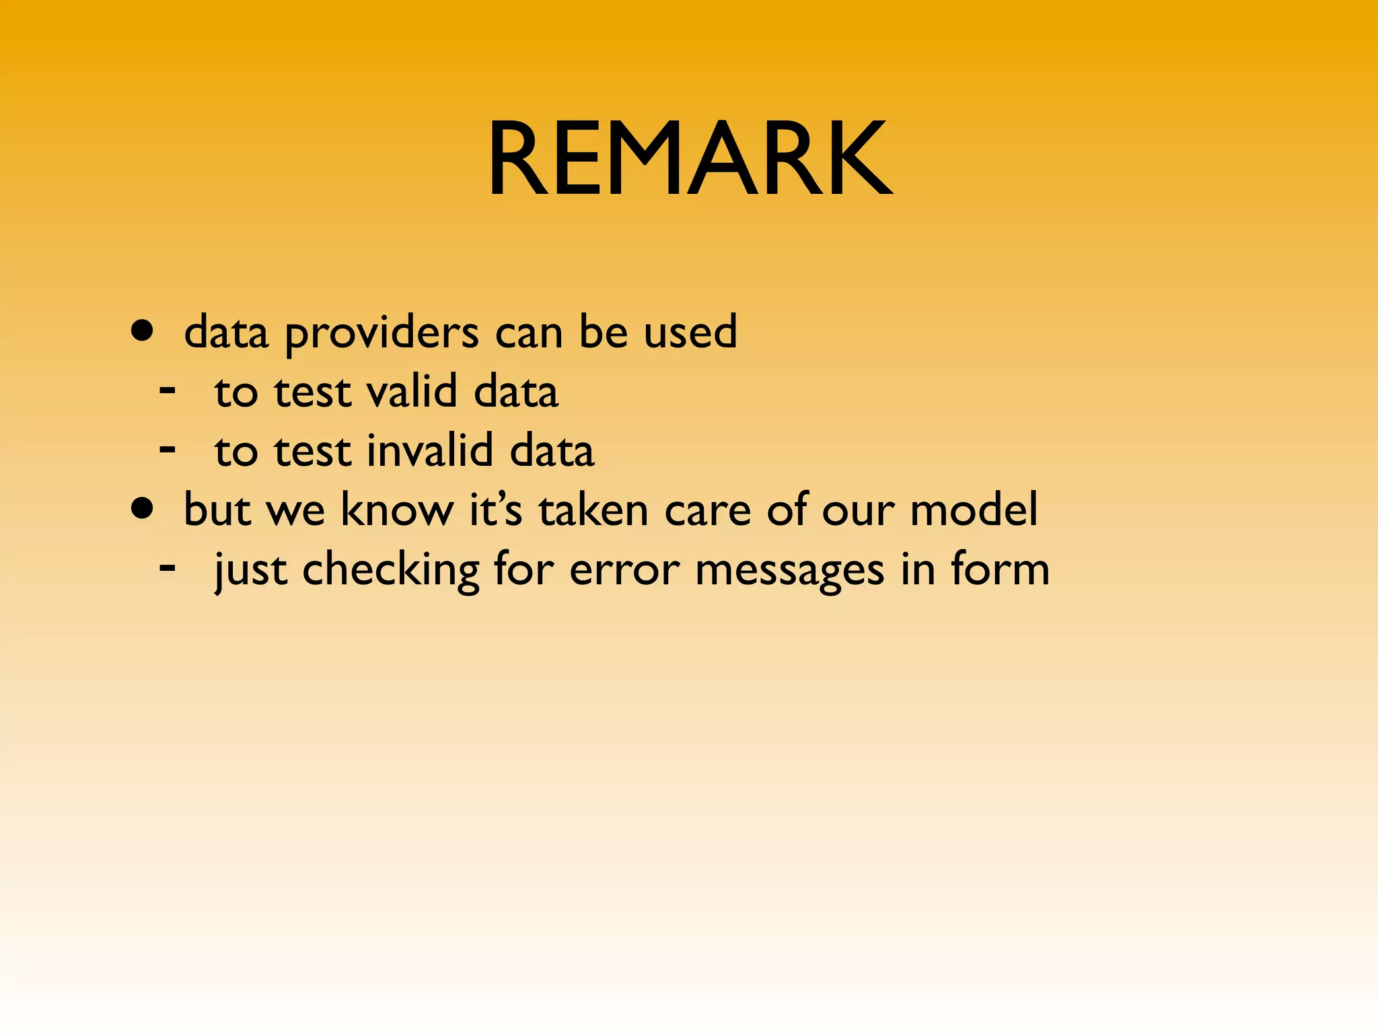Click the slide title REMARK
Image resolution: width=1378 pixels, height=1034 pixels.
(690, 159)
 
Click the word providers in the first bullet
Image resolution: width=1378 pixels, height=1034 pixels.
(382, 334)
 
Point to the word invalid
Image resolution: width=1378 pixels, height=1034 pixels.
(431, 450)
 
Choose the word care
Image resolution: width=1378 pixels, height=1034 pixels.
(707, 510)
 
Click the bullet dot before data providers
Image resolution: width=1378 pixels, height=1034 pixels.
(142, 332)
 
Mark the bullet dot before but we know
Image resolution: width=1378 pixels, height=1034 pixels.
(142, 510)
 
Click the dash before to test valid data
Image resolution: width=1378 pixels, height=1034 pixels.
(168, 390)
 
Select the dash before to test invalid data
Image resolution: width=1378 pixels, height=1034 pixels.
(168, 449)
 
